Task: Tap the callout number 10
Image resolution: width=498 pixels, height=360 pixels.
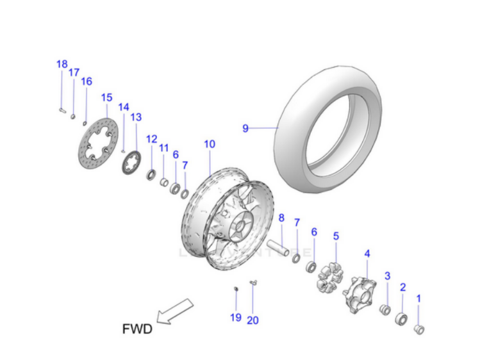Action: pyautogui.click(x=210, y=144)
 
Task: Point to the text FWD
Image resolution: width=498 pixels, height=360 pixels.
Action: pyautogui.click(x=137, y=330)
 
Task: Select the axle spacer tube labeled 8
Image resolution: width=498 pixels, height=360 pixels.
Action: pyautogui.click(x=281, y=247)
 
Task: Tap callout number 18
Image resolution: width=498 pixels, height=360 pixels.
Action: pyautogui.click(x=62, y=64)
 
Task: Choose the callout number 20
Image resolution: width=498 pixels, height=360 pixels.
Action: pyautogui.click(x=253, y=320)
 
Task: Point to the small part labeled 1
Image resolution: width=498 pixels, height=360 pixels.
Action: pyautogui.click(x=420, y=329)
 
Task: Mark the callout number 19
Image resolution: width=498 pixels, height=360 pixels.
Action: pyautogui.click(x=235, y=317)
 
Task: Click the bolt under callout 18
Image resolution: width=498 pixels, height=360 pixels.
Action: pyautogui.click(x=62, y=110)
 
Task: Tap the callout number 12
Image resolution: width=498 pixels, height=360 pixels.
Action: pyautogui.click(x=151, y=138)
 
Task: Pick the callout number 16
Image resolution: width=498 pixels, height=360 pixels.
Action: pyautogui.click(x=87, y=81)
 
